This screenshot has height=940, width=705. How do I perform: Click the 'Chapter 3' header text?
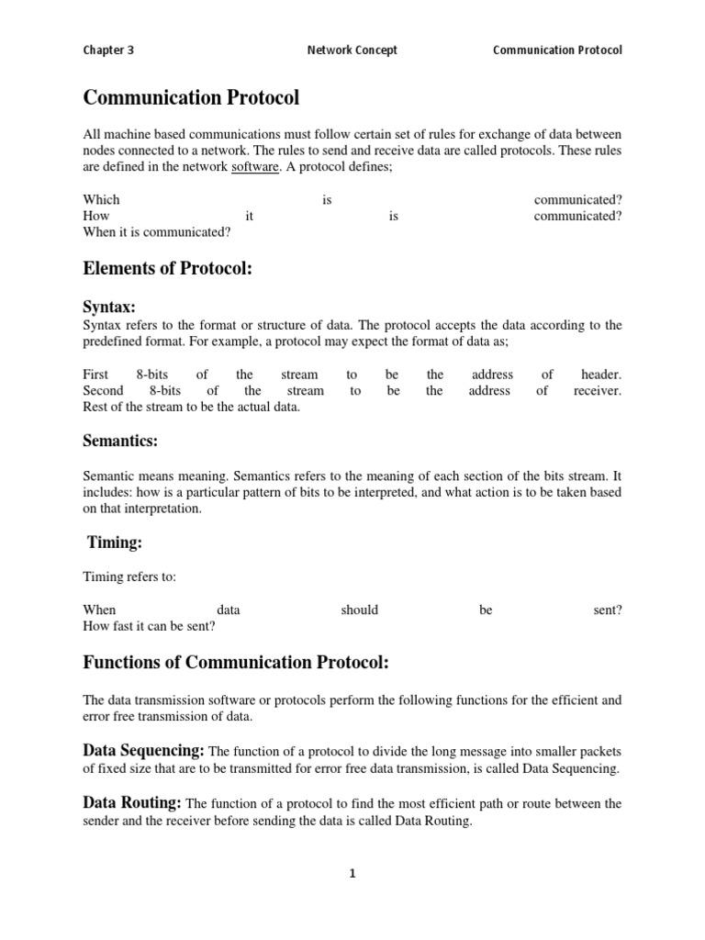[108, 50]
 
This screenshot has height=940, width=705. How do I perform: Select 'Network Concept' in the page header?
[352, 50]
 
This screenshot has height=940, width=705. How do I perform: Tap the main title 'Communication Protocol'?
[191, 97]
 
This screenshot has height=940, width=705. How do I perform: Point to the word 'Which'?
[102, 199]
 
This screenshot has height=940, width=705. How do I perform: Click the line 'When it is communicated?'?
[157, 232]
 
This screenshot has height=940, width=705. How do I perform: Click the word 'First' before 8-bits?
[95, 375]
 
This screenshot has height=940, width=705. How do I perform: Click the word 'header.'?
[601, 375]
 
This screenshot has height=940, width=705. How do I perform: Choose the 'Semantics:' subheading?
[120, 442]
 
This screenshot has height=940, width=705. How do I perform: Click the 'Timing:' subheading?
[115, 543]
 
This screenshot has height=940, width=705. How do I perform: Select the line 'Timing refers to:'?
[129, 576]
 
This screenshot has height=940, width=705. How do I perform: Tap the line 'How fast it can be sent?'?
[149, 626]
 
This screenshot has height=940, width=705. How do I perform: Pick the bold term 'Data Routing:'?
[132, 803]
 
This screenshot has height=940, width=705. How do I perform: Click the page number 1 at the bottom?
[352, 874]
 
